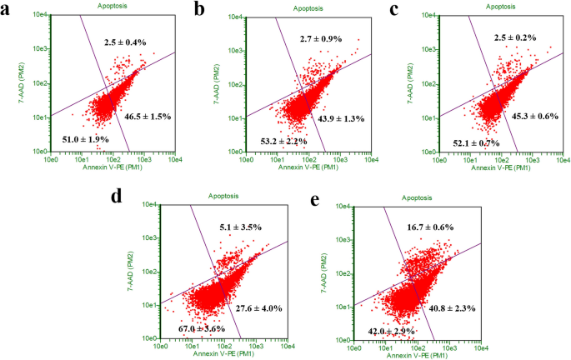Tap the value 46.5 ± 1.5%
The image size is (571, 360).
148,116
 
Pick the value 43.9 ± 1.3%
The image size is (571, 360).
341,118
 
